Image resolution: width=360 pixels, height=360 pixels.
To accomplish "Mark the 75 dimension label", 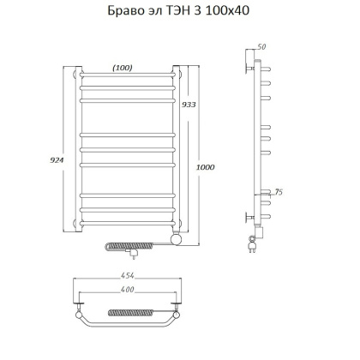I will click(279, 193).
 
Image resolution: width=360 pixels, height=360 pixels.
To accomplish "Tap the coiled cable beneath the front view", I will click(120, 247).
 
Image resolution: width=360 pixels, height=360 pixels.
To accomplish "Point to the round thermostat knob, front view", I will click(176, 241).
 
